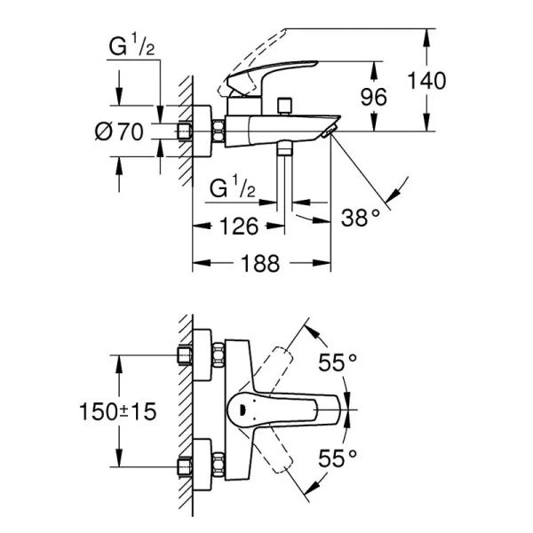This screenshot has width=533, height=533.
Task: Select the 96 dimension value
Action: (x=374, y=96)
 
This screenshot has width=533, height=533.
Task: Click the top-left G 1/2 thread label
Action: (x=131, y=47)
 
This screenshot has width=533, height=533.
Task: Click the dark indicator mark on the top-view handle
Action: (x=237, y=410)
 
